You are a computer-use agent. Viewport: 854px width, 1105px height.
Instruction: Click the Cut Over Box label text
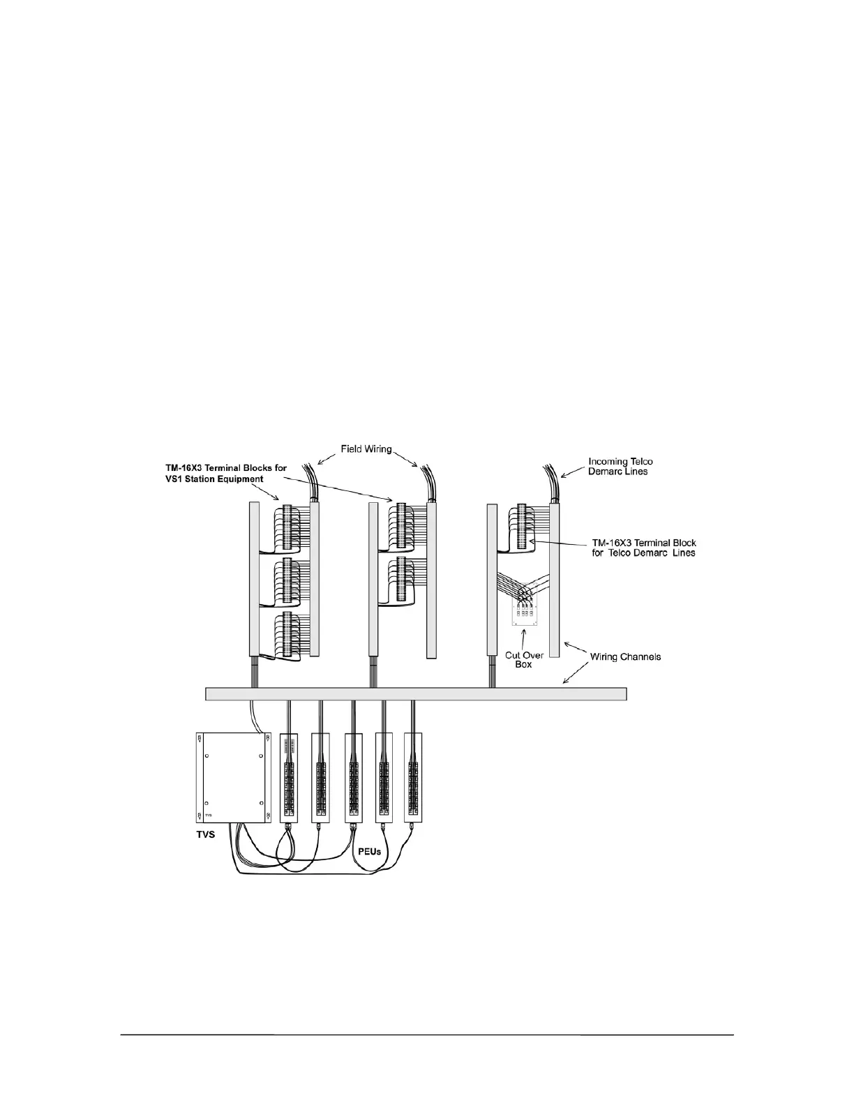523,660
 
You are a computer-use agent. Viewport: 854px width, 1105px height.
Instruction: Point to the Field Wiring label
366,449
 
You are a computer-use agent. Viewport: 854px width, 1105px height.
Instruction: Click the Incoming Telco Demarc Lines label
620,466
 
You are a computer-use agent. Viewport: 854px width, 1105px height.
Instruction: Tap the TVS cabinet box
232,777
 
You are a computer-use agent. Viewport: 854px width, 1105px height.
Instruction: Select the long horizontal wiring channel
416,693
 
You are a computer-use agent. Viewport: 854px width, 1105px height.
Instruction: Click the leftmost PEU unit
289,777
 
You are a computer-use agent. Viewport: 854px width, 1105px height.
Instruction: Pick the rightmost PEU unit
414,777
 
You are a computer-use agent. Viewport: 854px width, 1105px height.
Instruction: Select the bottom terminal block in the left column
284,636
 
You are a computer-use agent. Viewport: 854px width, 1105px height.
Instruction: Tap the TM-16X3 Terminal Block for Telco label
639,548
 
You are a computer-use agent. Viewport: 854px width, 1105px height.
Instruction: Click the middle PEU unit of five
352,777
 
